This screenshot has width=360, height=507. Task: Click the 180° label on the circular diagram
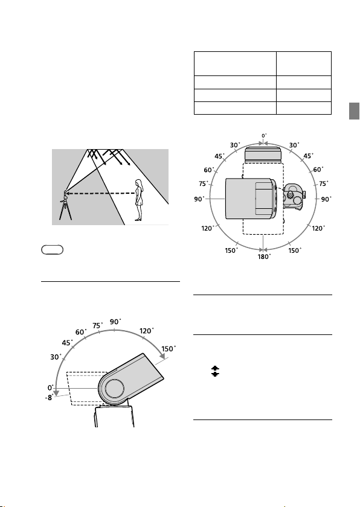[264, 257]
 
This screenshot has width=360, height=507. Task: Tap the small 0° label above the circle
[264, 136]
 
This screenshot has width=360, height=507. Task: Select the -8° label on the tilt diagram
[49, 398]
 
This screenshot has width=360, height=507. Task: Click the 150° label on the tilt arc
[169, 349]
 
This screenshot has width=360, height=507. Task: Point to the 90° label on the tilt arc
[115, 322]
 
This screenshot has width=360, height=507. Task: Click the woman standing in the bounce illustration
[139, 200]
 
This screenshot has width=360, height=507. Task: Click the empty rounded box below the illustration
[53, 250]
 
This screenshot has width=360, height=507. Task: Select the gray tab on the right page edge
[354, 111]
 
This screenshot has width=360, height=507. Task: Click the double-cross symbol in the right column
[215, 371]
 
